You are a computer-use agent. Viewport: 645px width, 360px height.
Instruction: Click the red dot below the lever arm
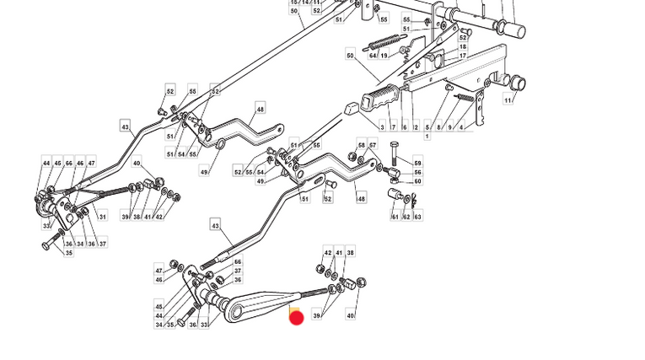296,317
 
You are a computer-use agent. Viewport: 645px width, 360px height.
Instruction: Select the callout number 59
417,163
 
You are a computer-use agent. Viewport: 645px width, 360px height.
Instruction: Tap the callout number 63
417,217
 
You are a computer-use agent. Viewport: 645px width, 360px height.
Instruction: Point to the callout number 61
395,217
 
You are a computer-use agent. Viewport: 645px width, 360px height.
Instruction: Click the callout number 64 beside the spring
373,56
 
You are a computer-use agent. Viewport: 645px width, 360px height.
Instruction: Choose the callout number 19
384,56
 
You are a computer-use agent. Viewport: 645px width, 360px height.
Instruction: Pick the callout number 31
103,217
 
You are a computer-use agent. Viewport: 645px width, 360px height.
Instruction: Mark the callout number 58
362,145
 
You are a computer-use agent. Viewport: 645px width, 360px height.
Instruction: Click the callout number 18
463,47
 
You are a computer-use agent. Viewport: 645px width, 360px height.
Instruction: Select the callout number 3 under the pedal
382,127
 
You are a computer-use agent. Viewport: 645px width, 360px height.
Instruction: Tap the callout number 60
417,181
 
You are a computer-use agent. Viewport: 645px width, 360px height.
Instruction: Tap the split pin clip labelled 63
413,200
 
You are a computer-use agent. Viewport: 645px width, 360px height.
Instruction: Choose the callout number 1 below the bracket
427,136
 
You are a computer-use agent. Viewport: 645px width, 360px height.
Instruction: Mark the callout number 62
406,217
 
